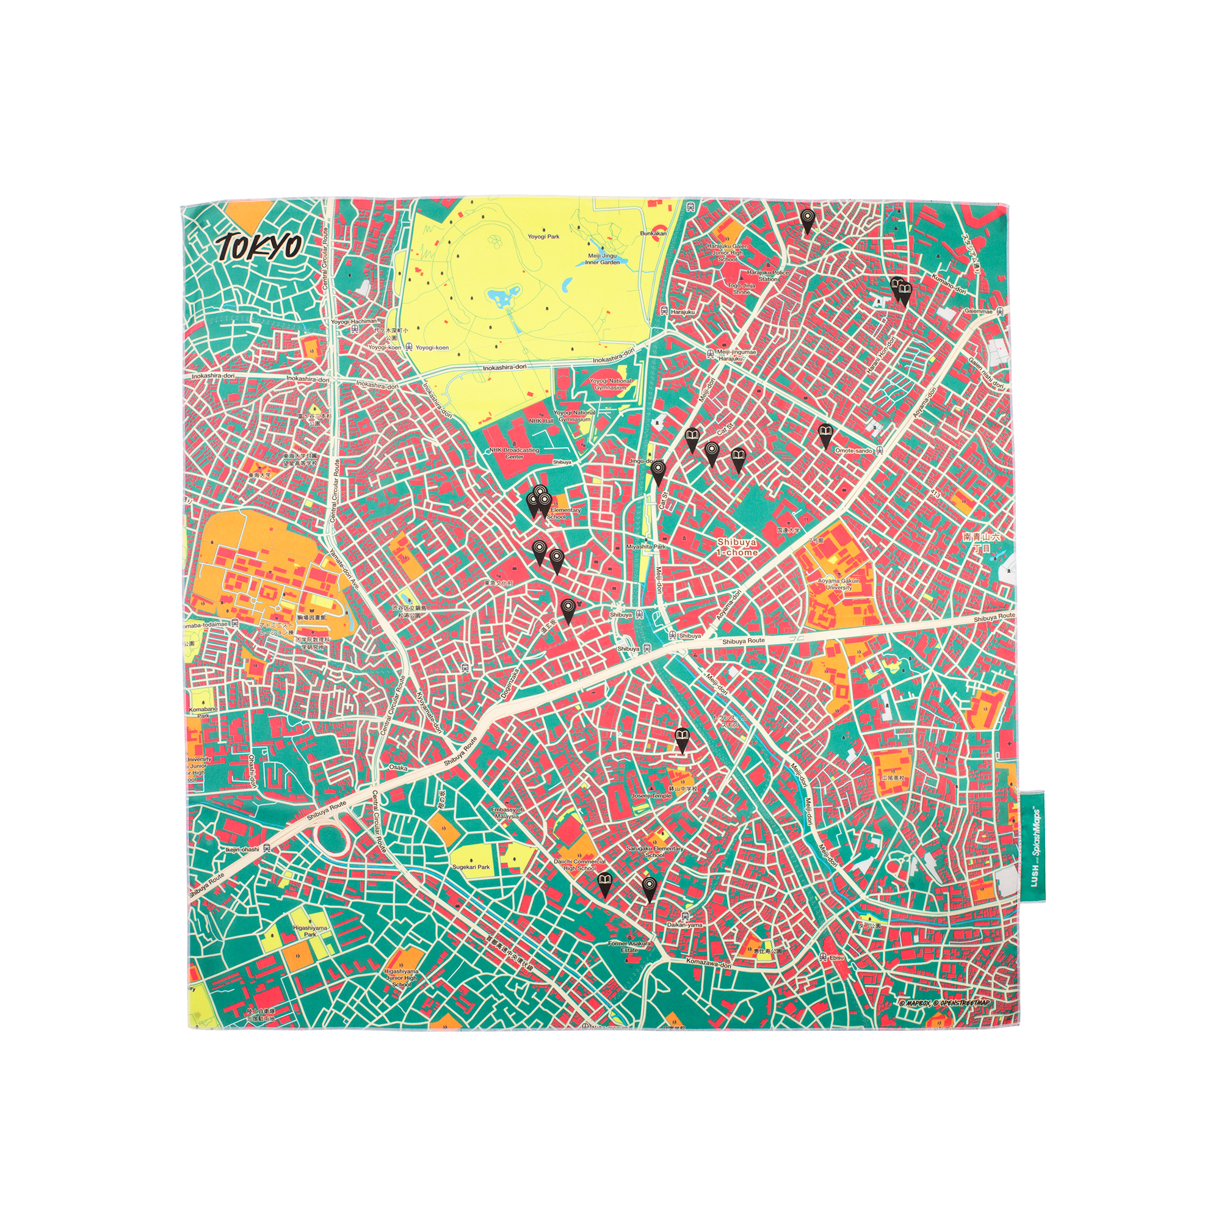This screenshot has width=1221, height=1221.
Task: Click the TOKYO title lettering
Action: click(259, 247)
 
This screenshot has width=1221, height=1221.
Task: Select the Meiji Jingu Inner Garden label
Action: click(601, 258)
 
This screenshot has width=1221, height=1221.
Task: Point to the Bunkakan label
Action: click(653, 233)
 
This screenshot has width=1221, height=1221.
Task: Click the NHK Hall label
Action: click(540, 420)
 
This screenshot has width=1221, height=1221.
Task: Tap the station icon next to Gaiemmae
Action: click(999, 311)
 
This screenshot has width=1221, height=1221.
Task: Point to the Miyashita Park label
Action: click(646, 546)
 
